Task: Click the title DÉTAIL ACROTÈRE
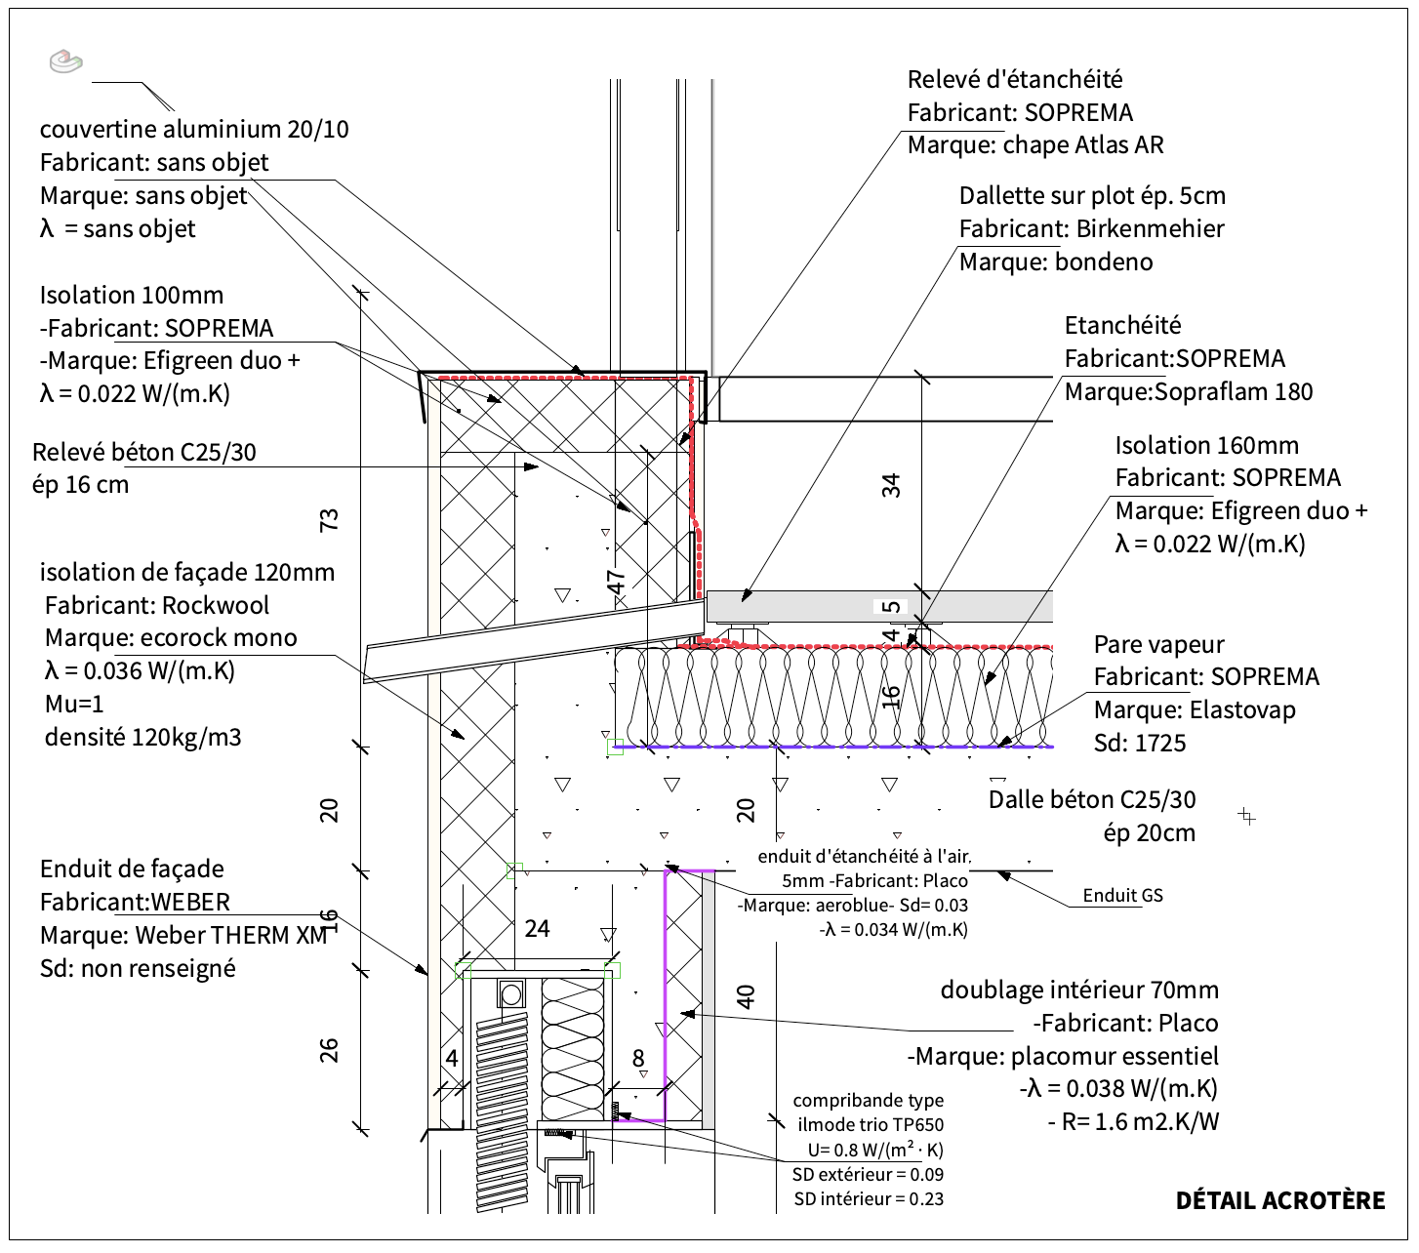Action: [1279, 1200]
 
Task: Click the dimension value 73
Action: [330, 519]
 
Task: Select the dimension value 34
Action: [891, 485]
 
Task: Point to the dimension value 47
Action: [617, 582]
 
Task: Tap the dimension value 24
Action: [537, 928]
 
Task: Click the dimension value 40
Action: [746, 996]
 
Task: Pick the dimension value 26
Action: [330, 1050]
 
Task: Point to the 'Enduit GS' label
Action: [1122, 895]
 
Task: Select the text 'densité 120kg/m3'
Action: [142, 737]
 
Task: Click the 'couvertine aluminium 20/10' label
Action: [194, 129]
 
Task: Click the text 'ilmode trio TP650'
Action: [870, 1125]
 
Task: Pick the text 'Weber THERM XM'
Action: [230, 935]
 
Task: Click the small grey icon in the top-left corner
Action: [65, 61]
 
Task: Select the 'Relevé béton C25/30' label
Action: [144, 452]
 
